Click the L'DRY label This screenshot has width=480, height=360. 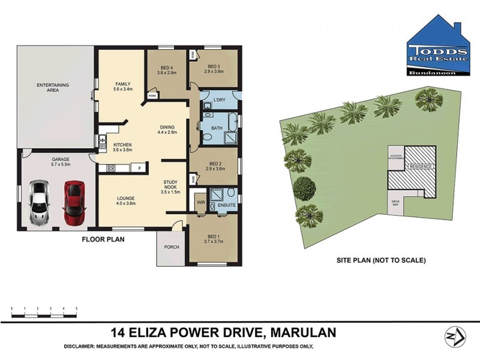coord(219,100)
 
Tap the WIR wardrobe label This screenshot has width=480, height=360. coord(201,203)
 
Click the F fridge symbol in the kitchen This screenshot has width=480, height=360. coord(140,168)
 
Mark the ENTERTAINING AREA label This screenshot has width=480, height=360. coord(53,88)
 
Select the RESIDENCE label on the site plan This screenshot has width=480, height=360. coord(419,166)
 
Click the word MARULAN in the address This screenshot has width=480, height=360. coord(304,332)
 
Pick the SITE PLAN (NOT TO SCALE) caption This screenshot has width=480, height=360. coord(381,260)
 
